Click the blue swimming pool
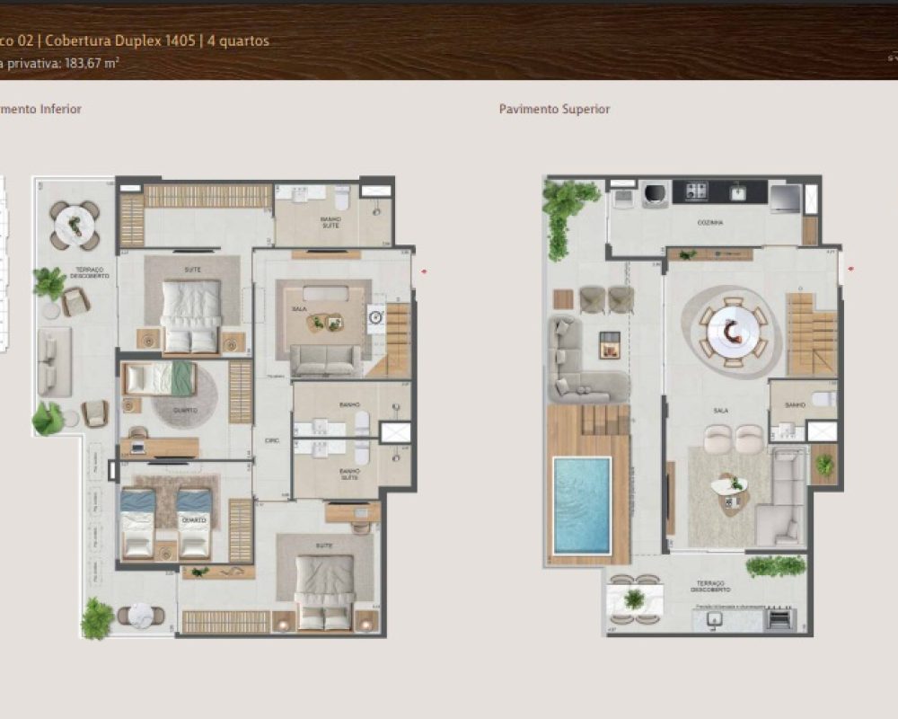click(582, 505)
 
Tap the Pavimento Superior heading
click(554, 109)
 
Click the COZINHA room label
click(710, 221)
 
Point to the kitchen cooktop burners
click(697, 191)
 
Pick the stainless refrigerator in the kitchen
click(785, 197)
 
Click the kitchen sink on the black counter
click(738, 191)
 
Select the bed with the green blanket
click(160, 377)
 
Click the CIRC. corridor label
click(271, 440)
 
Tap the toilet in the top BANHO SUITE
click(341, 196)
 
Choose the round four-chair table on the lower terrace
click(75, 224)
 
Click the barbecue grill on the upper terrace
click(779, 618)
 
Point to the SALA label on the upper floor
click(720, 410)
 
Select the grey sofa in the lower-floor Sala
click(325, 359)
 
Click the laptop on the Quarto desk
click(138, 443)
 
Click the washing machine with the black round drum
click(656, 194)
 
